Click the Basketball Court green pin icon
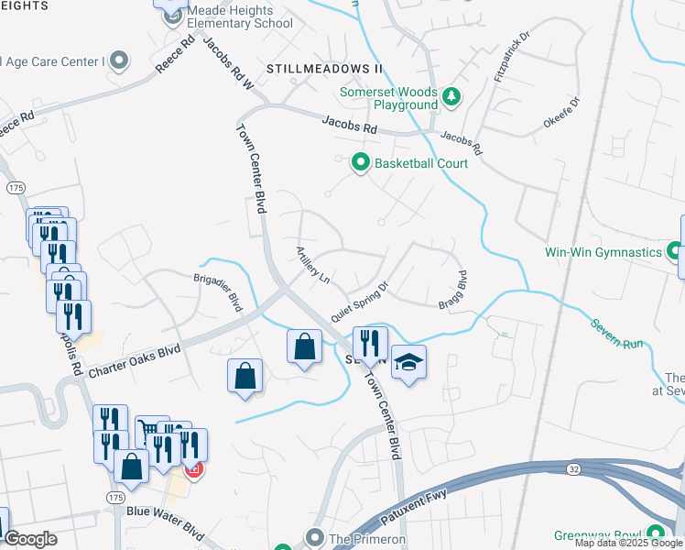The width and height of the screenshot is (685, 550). coord(361,163)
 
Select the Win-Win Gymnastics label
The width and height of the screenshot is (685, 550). coord(614,251)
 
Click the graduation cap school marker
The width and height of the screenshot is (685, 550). coord(408,362)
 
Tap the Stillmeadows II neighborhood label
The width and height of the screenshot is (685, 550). coord(324,69)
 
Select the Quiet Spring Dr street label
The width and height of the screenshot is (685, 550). coord(360,301)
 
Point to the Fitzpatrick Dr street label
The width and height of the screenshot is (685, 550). coord(511,56)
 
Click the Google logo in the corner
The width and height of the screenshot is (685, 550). coord(30,539)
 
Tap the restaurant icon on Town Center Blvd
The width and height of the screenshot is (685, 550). coord(370,343)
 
